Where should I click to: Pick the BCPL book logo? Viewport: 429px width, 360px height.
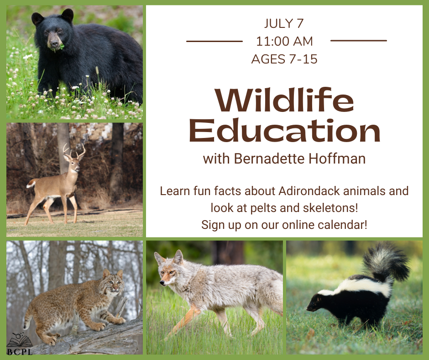[19, 344]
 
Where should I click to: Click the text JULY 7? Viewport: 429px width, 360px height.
[284, 23]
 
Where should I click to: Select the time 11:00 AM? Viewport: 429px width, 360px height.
[284, 42]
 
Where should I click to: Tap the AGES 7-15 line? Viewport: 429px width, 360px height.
[284, 59]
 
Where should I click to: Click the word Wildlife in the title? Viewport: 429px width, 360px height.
[284, 100]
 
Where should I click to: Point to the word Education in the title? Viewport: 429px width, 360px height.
[284, 130]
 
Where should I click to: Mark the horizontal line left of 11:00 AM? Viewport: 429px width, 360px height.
[214, 42]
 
